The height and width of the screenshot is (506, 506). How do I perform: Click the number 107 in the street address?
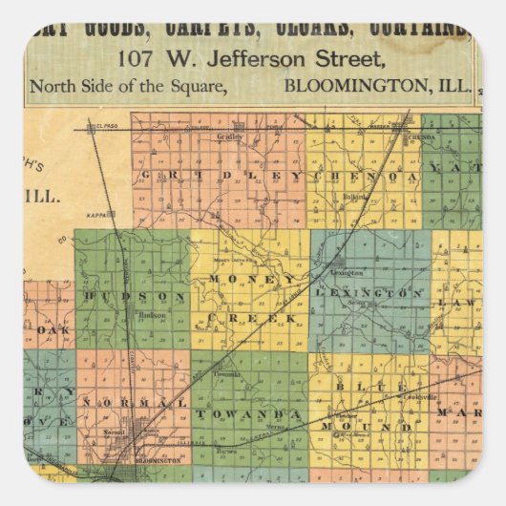(x=135, y=59)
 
